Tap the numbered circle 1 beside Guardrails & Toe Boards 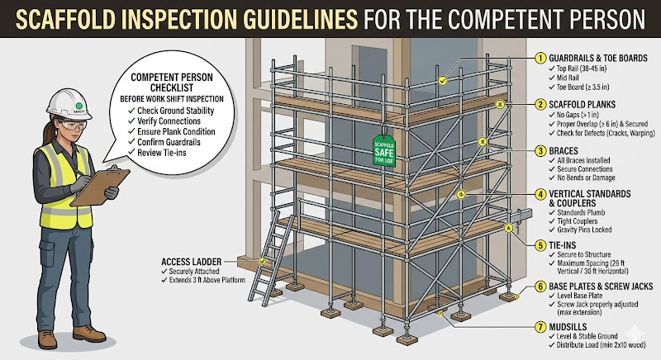tap(540, 59)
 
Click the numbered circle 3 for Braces tap(540, 151)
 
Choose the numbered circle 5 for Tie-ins tap(540, 244)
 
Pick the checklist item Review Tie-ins tap(164, 154)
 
